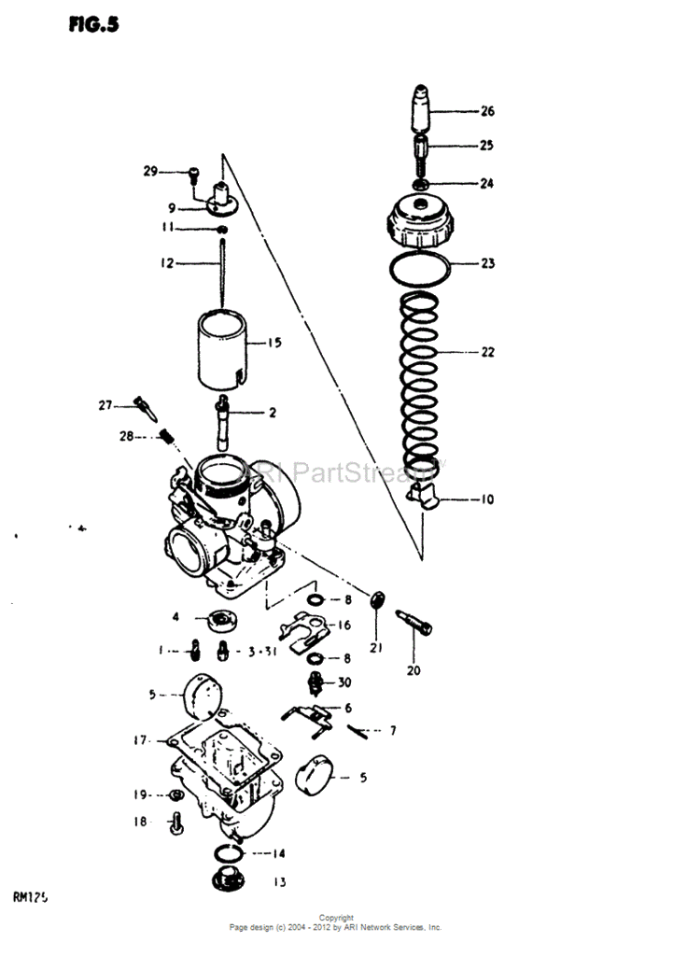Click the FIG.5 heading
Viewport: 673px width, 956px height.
tap(92, 24)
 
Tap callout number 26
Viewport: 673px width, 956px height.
tap(487, 111)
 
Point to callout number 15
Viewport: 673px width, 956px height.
tap(274, 343)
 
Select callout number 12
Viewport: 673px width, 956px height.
tap(167, 264)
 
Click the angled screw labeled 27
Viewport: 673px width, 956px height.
tap(146, 406)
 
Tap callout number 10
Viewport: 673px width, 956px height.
tap(487, 499)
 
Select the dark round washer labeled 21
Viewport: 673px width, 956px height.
tap(378, 600)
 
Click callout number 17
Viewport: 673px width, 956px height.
tap(141, 740)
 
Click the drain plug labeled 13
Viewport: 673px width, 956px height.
tap(225, 880)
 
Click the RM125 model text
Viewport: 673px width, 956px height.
tap(31, 898)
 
